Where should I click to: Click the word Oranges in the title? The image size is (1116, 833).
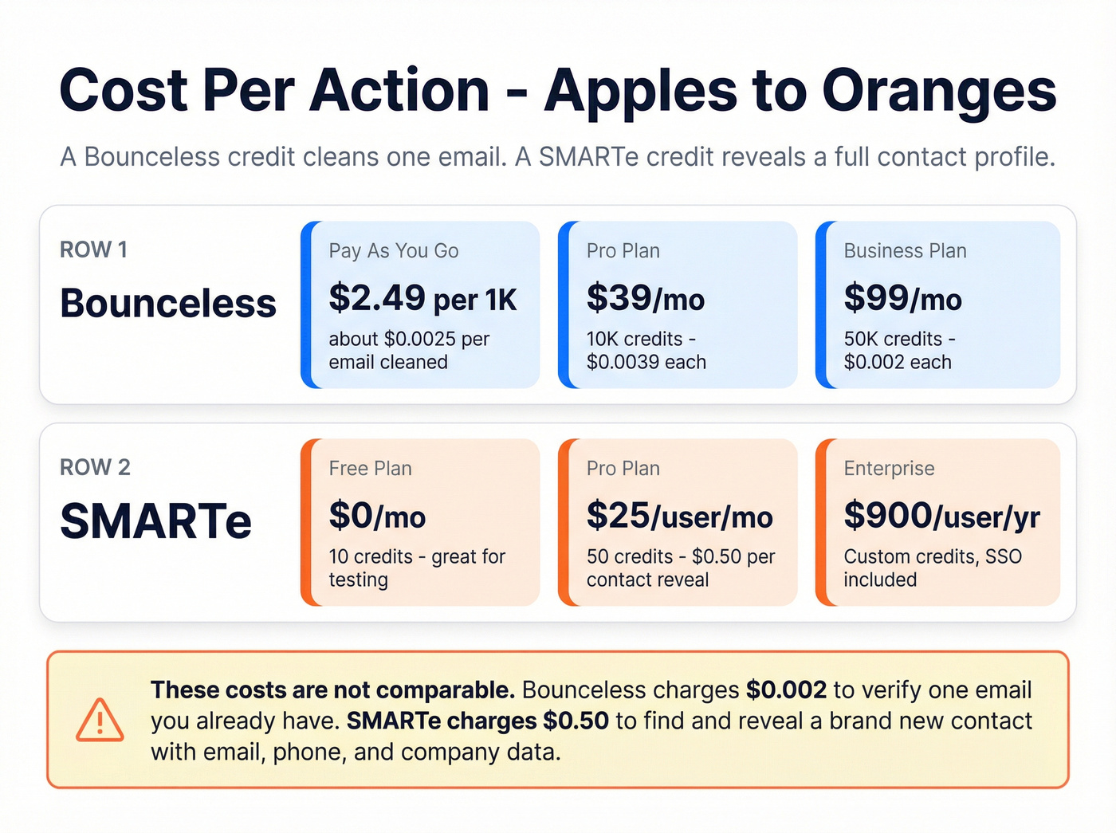[x=938, y=91]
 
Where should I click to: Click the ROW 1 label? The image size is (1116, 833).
[x=93, y=250]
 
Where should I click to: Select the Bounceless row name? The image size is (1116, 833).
[x=168, y=304]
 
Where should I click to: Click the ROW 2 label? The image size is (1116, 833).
[x=95, y=468]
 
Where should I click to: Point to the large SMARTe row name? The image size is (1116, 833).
[x=156, y=521]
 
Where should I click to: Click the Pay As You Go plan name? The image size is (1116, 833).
[x=394, y=251]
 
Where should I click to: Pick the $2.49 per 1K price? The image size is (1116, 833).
[x=422, y=299]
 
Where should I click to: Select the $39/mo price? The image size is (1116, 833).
[x=646, y=299]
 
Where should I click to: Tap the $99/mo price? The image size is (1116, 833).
[x=902, y=299]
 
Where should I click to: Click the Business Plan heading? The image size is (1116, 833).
[x=905, y=251]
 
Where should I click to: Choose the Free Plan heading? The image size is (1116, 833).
[x=370, y=469]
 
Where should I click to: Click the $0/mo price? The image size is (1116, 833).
[x=377, y=517]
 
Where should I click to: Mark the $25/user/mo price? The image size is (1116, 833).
[x=679, y=517]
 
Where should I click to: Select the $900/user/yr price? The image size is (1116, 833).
[x=941, y=517]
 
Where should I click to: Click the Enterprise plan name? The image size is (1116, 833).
[x=889, y=469]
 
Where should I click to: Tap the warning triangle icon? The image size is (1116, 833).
[x=100, y=721]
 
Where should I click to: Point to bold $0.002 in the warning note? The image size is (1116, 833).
[x=786, y=690]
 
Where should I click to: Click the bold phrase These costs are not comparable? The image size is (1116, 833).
[x=332, y=690]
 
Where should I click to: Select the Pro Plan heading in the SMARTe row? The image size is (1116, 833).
[x=623, y=469]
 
